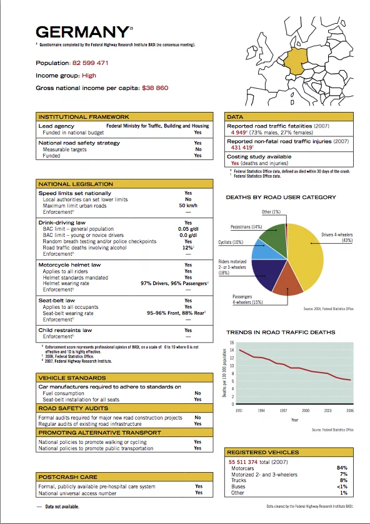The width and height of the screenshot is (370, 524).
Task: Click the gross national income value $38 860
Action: pyautogui.click(x=155, y=88)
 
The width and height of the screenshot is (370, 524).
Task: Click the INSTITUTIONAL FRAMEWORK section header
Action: pyautogui.click(x=84, y=117)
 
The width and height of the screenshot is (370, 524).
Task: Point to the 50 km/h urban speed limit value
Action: pyautogui.click(x=188, y=206)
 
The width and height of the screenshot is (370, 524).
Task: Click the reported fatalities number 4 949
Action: pyautogui.click(x=237, y=133)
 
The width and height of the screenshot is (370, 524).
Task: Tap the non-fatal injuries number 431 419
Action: pyautogui.click(x=239, y=148)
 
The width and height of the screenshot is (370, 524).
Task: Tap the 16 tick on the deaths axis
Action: pyautogui.click(x=231, y=343)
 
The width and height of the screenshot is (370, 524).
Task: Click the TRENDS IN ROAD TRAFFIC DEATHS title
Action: pyautogui.click(x=281, y=332)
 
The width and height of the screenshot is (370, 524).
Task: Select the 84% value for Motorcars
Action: pyautogui.click(x=342, y=468)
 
